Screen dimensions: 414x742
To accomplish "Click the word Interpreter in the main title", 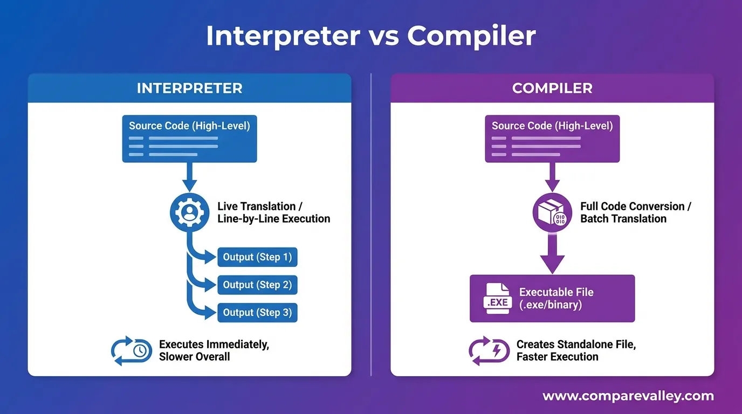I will coord(283,36).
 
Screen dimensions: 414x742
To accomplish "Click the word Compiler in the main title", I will coord(471,36).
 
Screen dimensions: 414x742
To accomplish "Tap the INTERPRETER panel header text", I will coord(189,88).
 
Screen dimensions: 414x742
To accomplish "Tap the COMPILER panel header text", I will coord(552,88).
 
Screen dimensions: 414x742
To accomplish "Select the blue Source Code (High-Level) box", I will coord(189,139).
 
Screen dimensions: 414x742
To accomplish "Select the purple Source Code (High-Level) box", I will coord(552,139).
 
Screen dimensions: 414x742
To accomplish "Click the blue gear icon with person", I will coord(189,212).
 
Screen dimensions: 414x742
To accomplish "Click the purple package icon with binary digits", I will coord(552,212).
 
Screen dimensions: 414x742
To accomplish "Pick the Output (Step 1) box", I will coord(257,257).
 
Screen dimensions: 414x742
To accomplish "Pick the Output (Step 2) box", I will coord(257,285).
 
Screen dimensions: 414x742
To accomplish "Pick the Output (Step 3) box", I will coord(257,313).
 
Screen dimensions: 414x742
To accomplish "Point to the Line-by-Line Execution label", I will coord(273,219).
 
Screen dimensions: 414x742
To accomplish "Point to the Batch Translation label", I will coord(623,219).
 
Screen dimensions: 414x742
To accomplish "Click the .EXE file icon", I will coord(497,298).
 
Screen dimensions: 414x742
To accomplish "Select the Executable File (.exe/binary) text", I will coord(556,299).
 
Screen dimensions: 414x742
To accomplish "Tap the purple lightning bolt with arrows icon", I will coord(488,350).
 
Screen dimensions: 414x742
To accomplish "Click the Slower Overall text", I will coord(194,357).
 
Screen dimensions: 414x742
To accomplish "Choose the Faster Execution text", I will coord(557,357).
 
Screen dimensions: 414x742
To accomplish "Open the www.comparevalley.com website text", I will coord(628,396).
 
